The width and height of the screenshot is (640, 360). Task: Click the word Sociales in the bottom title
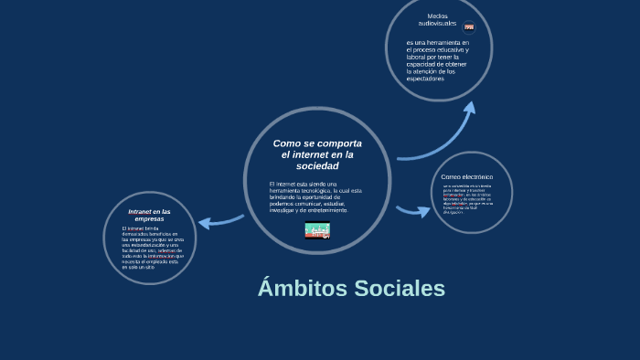pyautogui.click(x=397, y=289)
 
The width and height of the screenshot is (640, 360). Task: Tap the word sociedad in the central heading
pyautogui.click(x=317, y=166)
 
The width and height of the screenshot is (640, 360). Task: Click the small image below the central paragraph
pyautogui.click(x=317, y=230)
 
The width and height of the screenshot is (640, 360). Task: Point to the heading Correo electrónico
pyautogui.click(x=466, y=176)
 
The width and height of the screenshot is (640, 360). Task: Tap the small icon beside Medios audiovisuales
pyautogui.click(x=469, y=27)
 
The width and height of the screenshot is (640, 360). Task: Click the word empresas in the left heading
pyautogui.click(x=149, y=219)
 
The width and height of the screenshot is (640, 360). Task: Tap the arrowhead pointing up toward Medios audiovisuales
pyautogui.click(x=469, y=109)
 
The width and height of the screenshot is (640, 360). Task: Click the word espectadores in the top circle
pyautogui.click(x=425, y=79)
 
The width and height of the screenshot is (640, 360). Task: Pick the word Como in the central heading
pyautogui.click(x=286, y=144)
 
